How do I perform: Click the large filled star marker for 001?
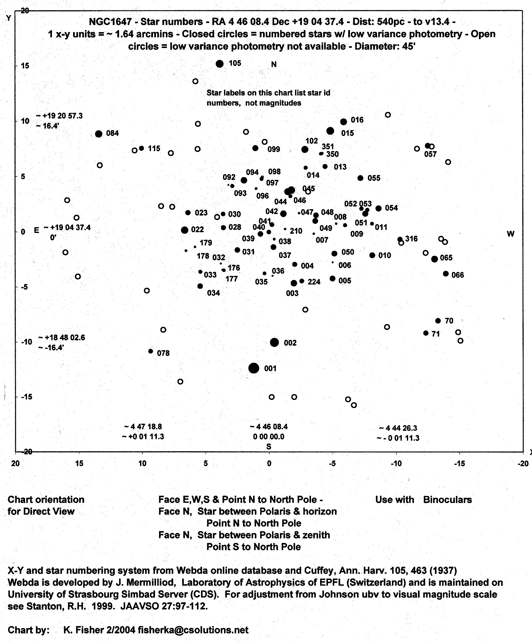(254, 368)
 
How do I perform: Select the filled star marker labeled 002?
(274, 342)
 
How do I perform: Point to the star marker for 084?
(99, 134)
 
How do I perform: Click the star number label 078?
(163, 353)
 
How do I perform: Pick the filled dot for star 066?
(446, 274)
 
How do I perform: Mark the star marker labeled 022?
(185, 230)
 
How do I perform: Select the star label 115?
(154, 149)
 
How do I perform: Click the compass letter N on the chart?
(274, 64)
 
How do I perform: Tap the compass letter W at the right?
(510, 234)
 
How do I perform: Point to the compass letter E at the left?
(36, 230)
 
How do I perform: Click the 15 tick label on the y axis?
(25, 65)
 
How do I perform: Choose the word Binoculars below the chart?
(447, 500)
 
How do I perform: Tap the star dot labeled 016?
(344, 122)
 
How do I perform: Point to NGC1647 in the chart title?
(110, 22)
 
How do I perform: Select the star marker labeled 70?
(438, 321)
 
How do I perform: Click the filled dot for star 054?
(379, 208)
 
